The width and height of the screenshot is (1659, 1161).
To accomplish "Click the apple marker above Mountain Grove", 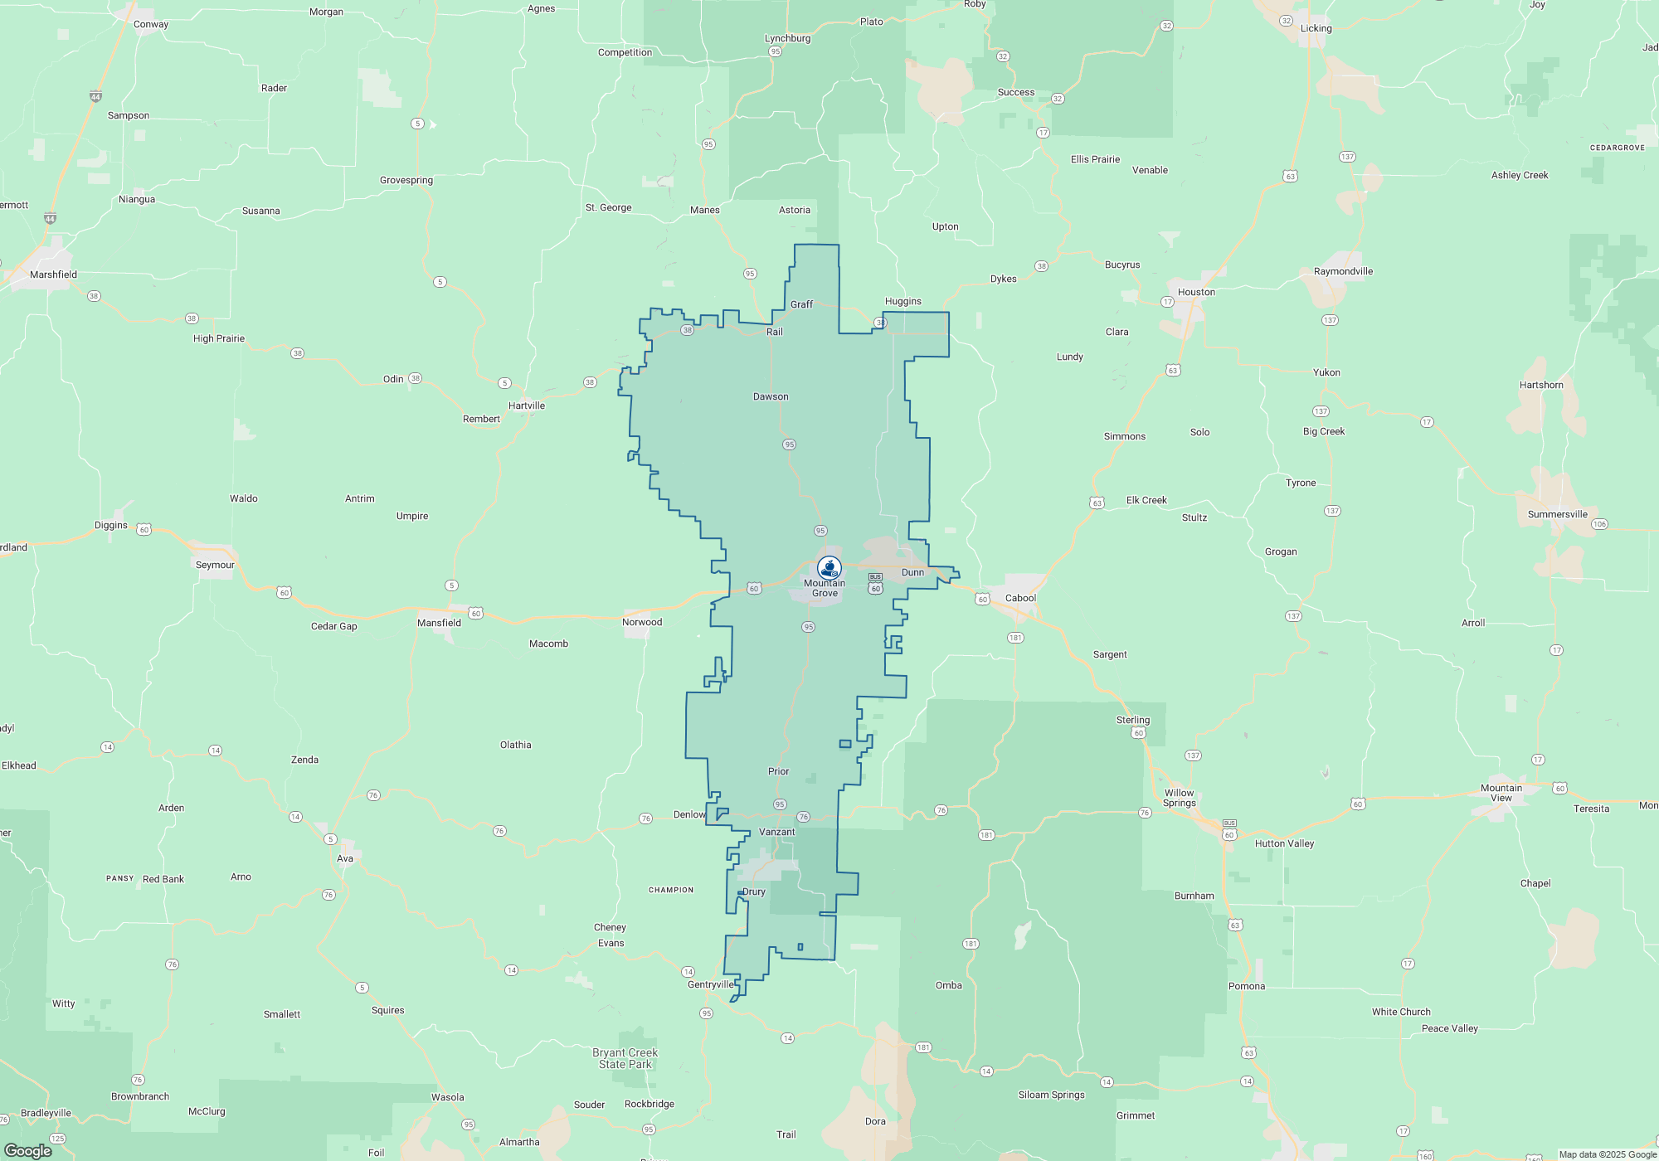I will [829, 568].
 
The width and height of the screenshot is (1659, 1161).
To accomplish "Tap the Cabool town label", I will [1020, 598].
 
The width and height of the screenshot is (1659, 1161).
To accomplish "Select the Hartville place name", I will [527, 406].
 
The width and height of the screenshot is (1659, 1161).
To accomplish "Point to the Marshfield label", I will [53, 274].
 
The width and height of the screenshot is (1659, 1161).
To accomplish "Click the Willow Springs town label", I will [1179, 798].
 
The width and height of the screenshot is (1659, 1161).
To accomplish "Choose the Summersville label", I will [1557, 514].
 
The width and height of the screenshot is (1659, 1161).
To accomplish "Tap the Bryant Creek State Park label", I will [625, 1058].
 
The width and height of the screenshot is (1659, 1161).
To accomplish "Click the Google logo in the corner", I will [28, 1150].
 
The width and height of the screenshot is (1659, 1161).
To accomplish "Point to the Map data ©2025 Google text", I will [1607, 1154].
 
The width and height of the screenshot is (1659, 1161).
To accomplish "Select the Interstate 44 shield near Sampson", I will [95, 97].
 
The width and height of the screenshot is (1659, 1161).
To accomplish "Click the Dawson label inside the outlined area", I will [771, 396].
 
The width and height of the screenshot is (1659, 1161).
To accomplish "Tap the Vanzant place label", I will [776, 832].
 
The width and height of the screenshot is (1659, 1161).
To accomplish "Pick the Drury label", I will [753, 891].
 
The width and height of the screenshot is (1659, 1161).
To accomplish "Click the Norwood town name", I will [642, 622].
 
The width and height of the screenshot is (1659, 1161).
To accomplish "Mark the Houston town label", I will [1196, 292].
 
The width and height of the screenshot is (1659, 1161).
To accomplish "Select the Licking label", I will [1316, 28].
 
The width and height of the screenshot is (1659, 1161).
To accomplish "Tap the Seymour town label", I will [215, 565].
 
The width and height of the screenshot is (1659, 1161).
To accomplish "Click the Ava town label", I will [345, 858].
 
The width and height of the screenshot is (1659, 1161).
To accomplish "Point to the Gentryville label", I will [710, 984].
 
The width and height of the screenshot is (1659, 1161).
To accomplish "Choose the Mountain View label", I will [1501, 793].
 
